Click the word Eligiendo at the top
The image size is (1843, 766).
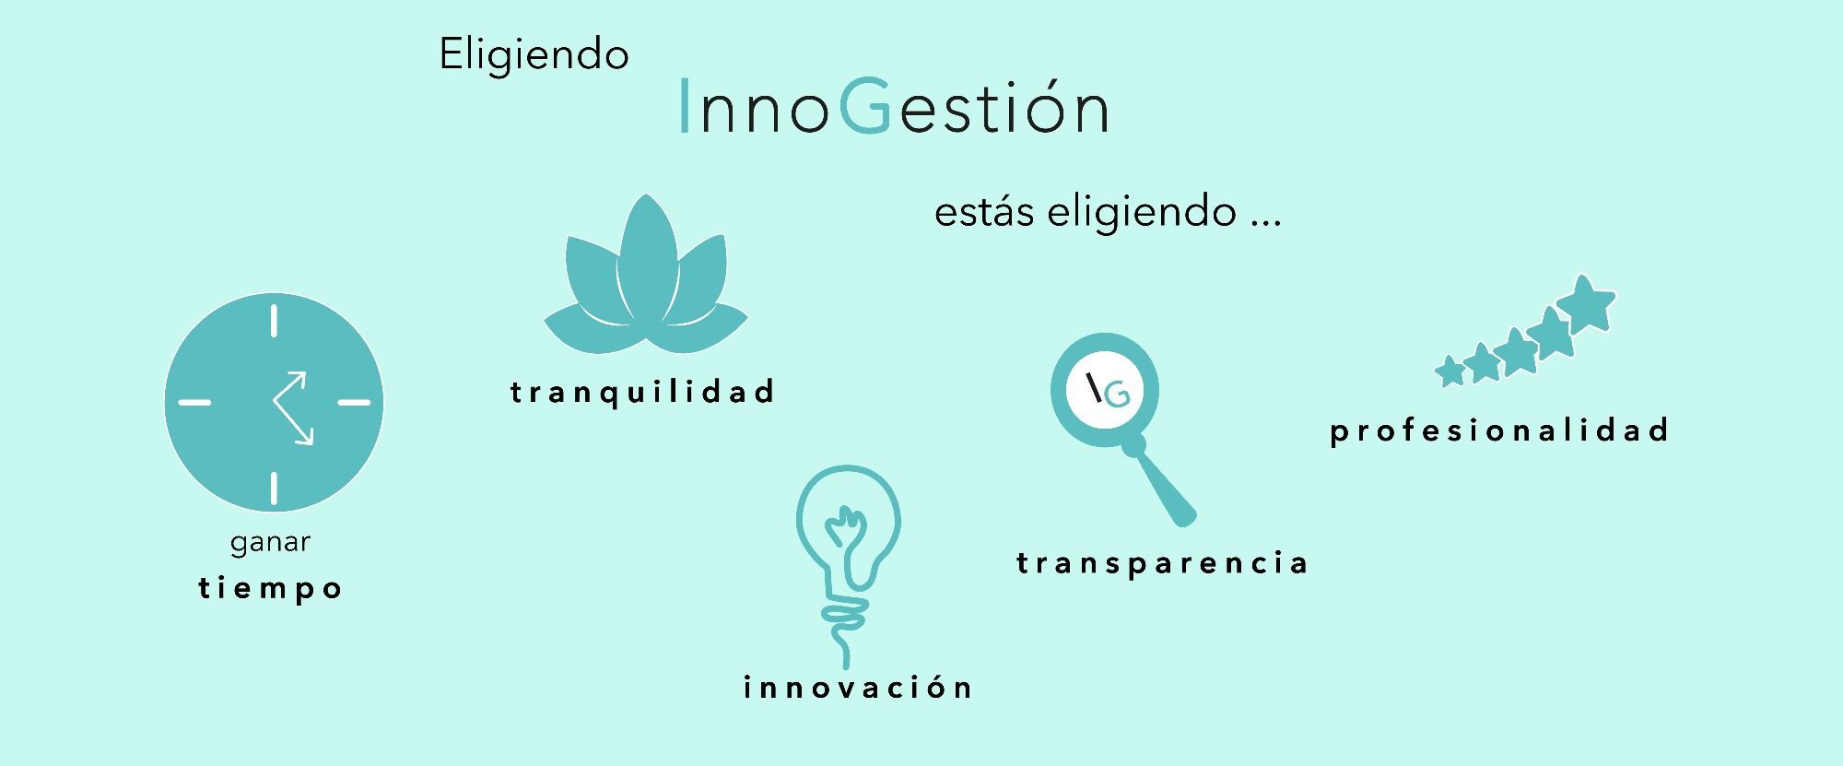coord(534,55)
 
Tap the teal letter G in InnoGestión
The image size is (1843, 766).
coord(865,106)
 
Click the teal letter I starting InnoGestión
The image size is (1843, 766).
coord(684,106)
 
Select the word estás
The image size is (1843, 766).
coord(984,212)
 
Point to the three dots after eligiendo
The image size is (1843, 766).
coord(1265,223)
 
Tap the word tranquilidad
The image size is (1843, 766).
coord(642,393)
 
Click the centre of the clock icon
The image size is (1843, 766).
coord(274,402)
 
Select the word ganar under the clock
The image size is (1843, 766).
coord(270,543)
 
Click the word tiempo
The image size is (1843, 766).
coord(270,588)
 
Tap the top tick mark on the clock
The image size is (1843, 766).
coord(274,321)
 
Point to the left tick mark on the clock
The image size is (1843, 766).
coord(194,402)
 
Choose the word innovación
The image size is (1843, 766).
coord(858,688)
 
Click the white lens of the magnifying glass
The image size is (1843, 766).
coord(1104,390)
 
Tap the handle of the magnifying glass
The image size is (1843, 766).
coord(1163,483)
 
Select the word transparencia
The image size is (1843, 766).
coord(1162,563)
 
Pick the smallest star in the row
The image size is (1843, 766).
coord(1450,371)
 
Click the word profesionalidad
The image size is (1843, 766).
coord(1499,430)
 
